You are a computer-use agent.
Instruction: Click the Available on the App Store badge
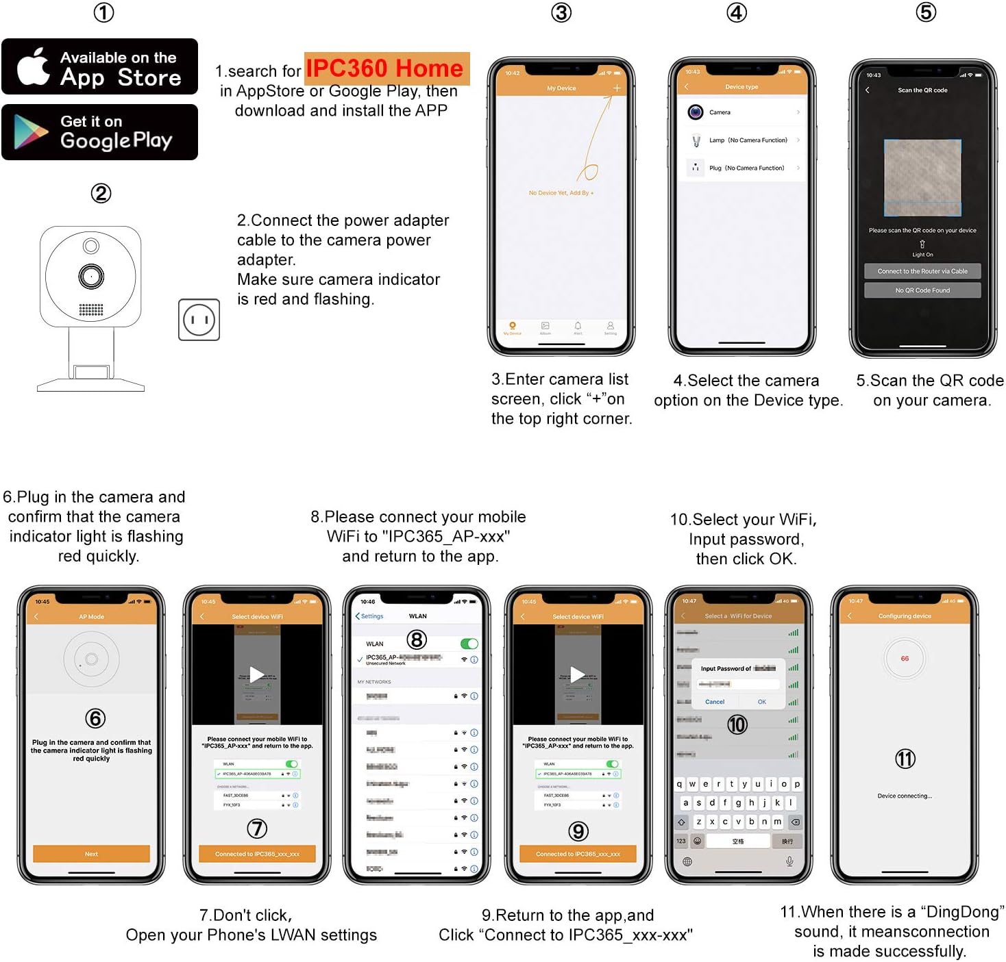click(99, 67)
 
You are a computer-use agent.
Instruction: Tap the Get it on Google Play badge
click(99, 132)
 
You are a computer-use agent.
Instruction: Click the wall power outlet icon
click(199, 320)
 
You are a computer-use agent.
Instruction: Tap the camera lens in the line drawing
click(90, 277)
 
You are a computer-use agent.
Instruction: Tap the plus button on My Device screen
click(617, 88)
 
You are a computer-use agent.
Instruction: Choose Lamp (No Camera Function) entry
click(744, 140)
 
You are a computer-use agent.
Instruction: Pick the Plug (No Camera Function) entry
click(744, 168)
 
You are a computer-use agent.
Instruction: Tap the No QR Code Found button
click(922, 290)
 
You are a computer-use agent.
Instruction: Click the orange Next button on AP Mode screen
click(91, 854)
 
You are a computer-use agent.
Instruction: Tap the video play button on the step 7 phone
click(256, 674)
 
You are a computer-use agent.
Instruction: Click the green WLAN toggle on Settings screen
click(469, 644)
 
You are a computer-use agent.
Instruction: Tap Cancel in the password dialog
click(715, 702)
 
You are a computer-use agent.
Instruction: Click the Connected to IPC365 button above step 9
click(578, 854)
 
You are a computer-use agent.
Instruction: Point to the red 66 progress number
click(905, 659)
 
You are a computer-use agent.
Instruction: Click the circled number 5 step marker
click(925, 12)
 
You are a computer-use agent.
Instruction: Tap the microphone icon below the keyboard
click(789, 861)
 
